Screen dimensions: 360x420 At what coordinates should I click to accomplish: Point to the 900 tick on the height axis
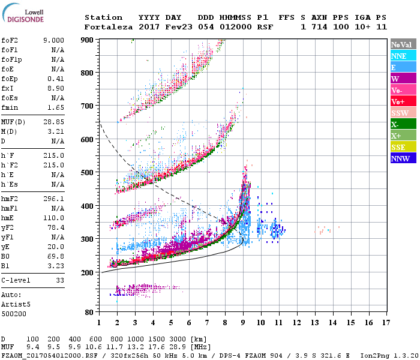pos(88,40)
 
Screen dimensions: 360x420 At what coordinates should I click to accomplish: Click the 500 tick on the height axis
pos(88,173)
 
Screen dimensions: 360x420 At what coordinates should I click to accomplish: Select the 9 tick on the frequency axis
pos(243,323)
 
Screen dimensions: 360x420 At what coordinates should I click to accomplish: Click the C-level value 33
pos(60,280)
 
